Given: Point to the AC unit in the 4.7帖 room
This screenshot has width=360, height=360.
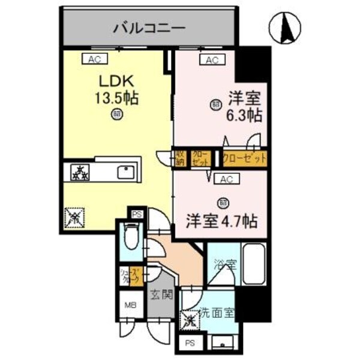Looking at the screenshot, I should click(226, 179).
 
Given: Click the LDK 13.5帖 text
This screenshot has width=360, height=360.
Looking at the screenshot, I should click(115, 89).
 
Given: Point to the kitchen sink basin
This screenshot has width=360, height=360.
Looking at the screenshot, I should click(126, 171).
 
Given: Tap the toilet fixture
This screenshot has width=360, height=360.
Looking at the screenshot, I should click(130, 240).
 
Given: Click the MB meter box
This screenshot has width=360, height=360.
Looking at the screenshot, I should click(130, 305).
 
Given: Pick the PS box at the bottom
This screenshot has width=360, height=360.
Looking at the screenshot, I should click(190, 343).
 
